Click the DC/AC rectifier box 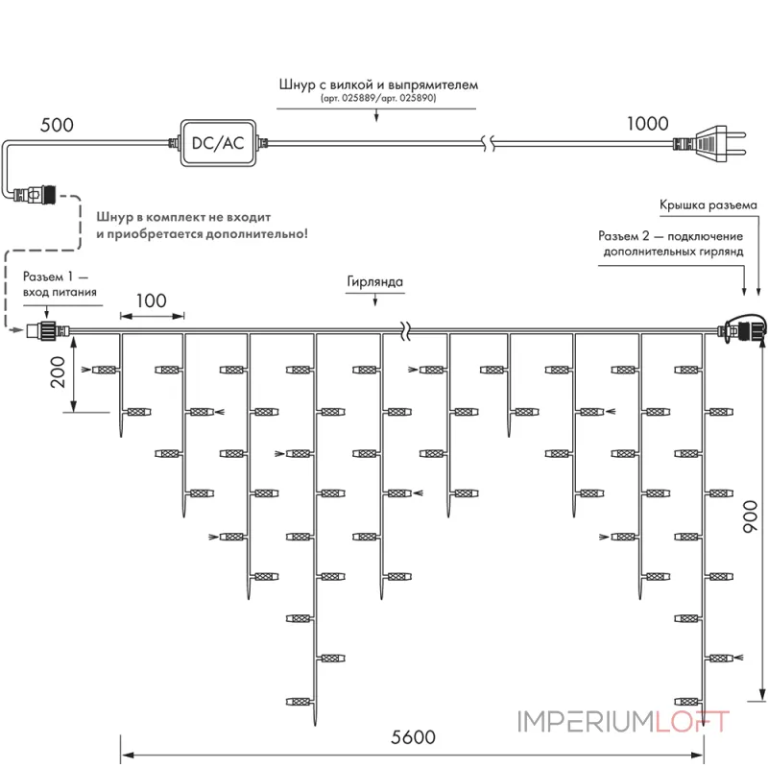click(218, 143)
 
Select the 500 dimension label click(57, 125)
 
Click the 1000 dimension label click(647, 124)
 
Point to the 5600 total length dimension click(413, 737)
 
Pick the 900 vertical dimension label click(750, 516)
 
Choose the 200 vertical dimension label click(58, 372)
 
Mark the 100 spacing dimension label click(152, 300)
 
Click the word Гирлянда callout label click(374, 281)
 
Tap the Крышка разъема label click(708, 205)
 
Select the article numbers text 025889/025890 click(378, 98)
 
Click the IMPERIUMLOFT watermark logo click(623, 722)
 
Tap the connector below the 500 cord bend click(35, 195)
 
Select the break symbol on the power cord click(489, 143)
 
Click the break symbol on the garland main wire click(405, 331)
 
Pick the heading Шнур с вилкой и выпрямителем click(378, 84)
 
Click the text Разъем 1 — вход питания click(60, 284)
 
